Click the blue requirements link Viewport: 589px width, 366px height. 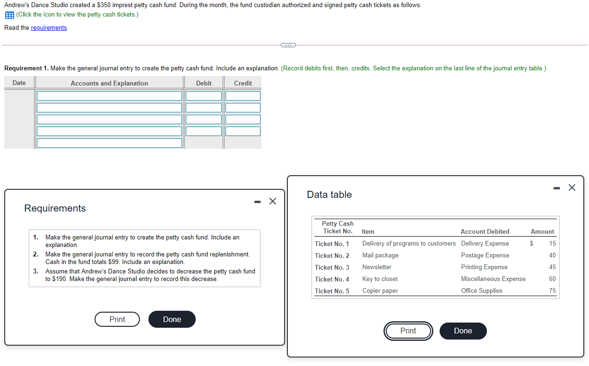tap(49, 27)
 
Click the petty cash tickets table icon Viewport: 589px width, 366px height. tap(9, 15)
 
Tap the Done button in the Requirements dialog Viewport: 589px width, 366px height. tap(172, 319)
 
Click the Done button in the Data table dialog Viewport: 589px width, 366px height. tap(463, 331)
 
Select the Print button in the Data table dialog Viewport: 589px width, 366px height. tap(408, 331)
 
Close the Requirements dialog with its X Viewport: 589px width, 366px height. tap(273, 201)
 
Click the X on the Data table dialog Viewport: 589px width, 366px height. tap(572, 187)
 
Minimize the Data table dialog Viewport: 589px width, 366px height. tap(557, 188)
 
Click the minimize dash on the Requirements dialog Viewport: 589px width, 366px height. tap(258, 202)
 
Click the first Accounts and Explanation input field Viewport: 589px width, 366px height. tap(109, 96)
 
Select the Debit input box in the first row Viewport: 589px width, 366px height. tap(204, 96)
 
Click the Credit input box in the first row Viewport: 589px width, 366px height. tap(243, 96)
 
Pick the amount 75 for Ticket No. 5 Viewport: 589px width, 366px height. tap(552, 290)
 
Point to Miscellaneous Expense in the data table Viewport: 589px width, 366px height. tap(494, 279)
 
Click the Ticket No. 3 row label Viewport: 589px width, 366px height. tap(332, 267)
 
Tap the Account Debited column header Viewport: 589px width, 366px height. tap(485, 231)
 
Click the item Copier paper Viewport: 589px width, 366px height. tap(380, 290)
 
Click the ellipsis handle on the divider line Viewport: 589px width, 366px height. tap(288, 45)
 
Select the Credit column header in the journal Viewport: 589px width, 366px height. tap(243, 83)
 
